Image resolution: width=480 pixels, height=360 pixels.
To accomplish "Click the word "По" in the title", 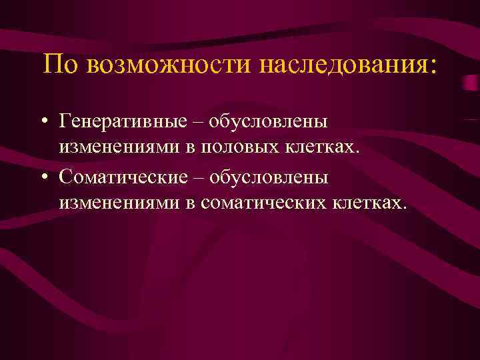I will coord(57,65).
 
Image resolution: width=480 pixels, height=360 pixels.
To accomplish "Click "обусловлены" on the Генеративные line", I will coord(267,123).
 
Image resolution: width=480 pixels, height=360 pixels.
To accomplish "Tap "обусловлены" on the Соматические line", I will coord(267,179).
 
